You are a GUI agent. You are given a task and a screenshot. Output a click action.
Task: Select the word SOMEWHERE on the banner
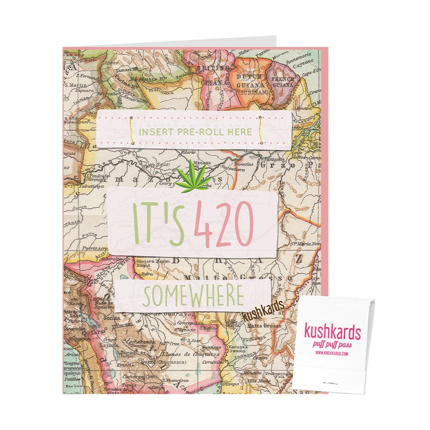[x=193, y=295]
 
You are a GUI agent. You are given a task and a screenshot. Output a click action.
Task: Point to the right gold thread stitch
[x=261, y=130]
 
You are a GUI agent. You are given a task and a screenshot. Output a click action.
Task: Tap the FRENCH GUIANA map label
[x=282, y=82]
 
